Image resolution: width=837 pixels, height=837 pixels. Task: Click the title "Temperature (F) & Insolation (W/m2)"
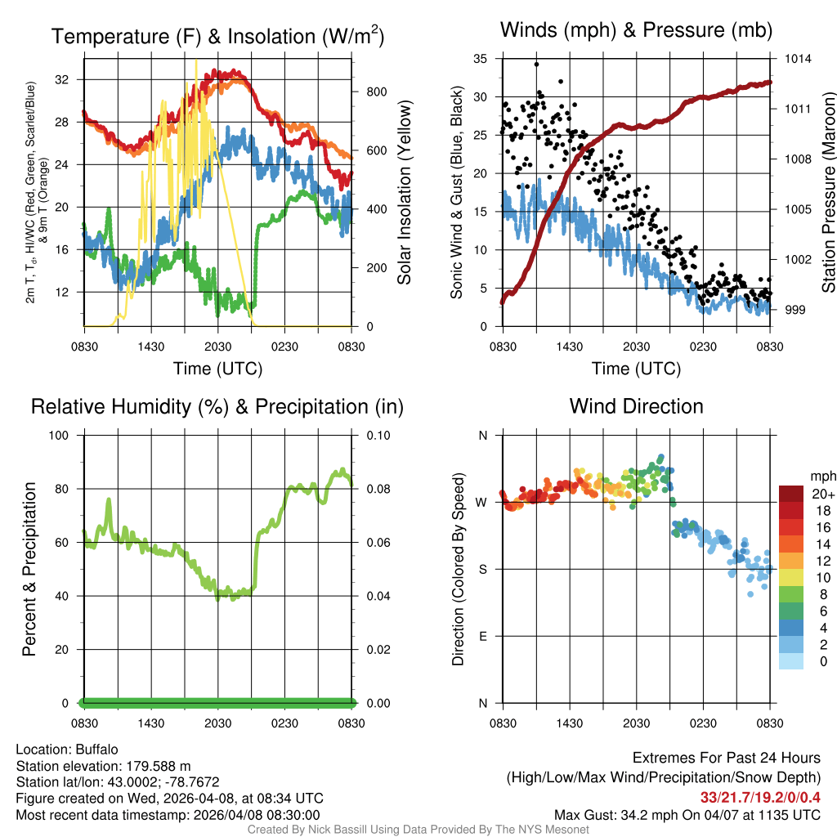(x=217, y=36)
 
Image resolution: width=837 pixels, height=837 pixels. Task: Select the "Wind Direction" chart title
(x=636, y=406)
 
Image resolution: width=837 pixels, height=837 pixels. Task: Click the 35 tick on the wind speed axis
(x=481, y=59)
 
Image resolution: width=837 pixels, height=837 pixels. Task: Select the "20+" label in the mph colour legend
(x=823, y=494)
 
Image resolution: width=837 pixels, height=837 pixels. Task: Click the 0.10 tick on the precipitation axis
(x=377, y=435)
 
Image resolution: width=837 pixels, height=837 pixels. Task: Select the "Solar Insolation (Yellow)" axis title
(x=404, y=193)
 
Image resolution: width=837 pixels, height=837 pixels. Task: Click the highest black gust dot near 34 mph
(x=537, y=64)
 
